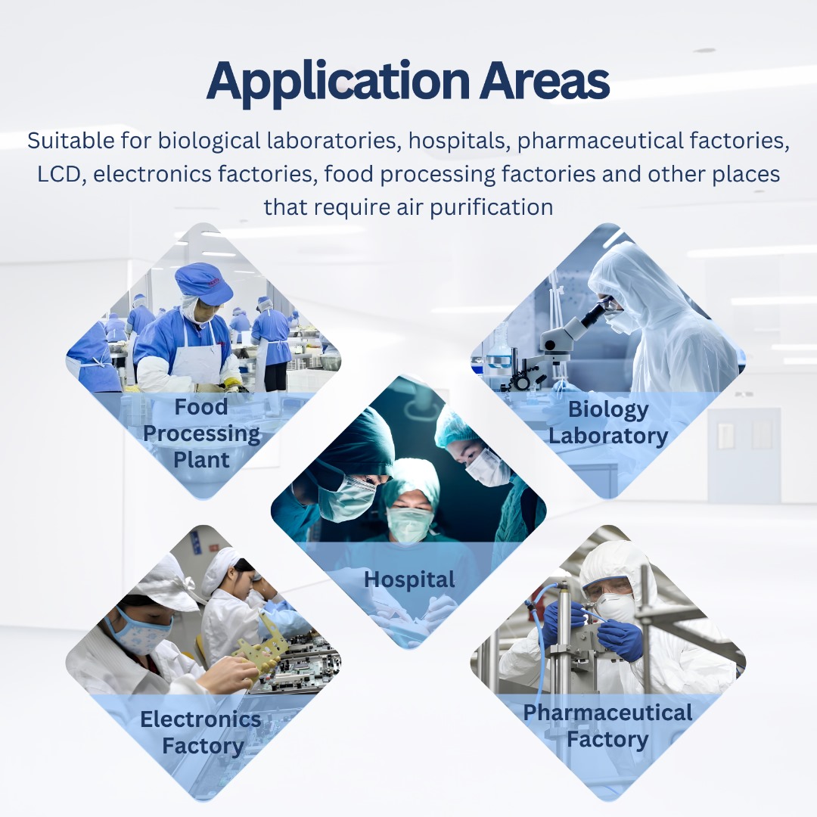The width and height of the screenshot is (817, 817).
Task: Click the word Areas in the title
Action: pyautogui.click(x=544, y=81)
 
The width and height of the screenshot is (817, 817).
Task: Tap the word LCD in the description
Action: pyautogui.click(x=58, y=175)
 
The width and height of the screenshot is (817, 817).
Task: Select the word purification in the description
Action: pyautogui.click(x=492, y=208)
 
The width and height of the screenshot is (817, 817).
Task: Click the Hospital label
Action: pyautogui.click(x=409, y=580)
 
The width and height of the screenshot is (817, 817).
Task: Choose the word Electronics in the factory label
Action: pyautogui.click(x=200, y=719)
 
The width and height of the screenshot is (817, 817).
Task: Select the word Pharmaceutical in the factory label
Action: pyautogui.click(x=607, y=713)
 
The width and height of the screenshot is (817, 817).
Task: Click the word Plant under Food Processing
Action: pyautogui.click(x=201, y=460)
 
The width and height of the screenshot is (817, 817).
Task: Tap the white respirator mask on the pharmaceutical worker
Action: pyautogui.click(x=616, y=607)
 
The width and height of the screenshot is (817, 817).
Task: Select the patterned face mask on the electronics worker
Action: pyautogui.click(x=141, y=634)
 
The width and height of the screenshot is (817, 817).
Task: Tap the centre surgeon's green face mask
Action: pyautogui.click(x=409, y=523)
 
